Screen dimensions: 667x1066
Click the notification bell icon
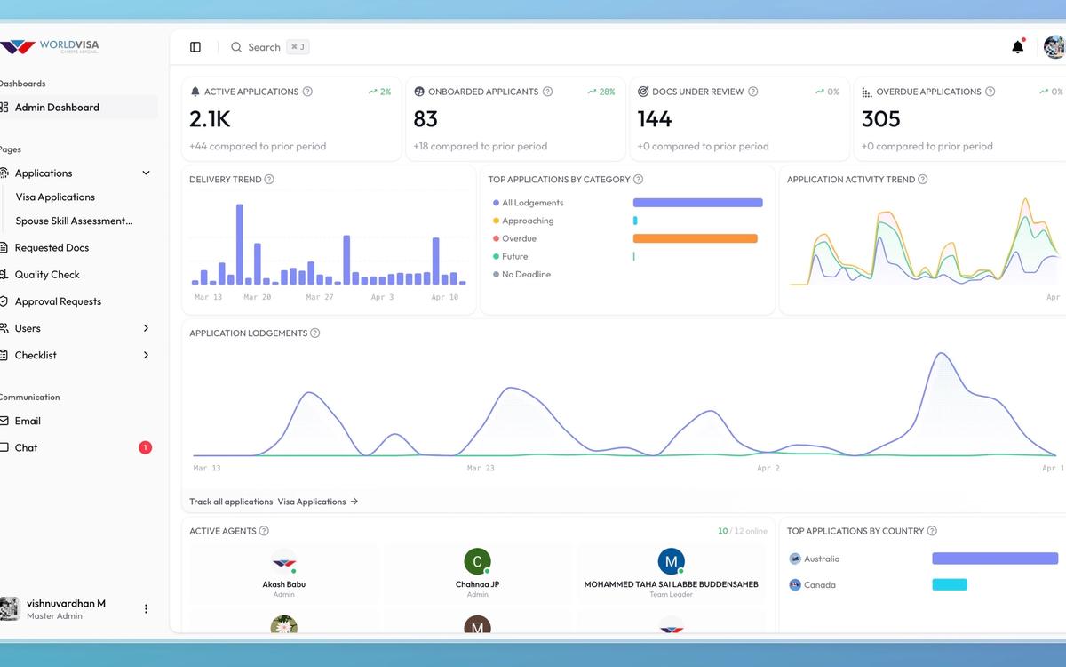click(x=1017, y=47)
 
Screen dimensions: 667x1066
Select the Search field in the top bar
click(x=264, y=47)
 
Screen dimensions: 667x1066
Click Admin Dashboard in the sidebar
click(x=57, y=108)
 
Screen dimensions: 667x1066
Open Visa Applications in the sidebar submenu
click(x=55, y=197)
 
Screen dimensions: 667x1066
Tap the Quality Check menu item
click(x=47, y=275)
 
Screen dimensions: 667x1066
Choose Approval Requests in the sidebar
click(x=58, y=301)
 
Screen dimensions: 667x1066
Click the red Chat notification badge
click(x=145, y=447)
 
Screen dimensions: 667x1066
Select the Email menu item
click(x=28, y=421)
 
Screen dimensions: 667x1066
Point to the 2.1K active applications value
click(x=210, y=119)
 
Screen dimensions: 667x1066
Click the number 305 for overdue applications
click(x=881, y=119)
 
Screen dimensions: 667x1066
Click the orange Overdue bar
click(x=695, y=238)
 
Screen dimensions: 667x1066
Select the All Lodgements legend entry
click(x=532, y=203)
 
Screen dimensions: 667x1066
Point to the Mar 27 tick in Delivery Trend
click(x=319, y=297)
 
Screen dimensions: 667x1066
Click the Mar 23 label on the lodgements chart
click(x=481, y=468)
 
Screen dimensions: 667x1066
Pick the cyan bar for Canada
click(x=949, y=584)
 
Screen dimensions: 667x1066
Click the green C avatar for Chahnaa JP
click(x=477, y=561)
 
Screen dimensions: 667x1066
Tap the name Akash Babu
click(x=284, y=584)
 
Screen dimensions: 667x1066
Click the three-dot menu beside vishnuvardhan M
click(x=147, y=609)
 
